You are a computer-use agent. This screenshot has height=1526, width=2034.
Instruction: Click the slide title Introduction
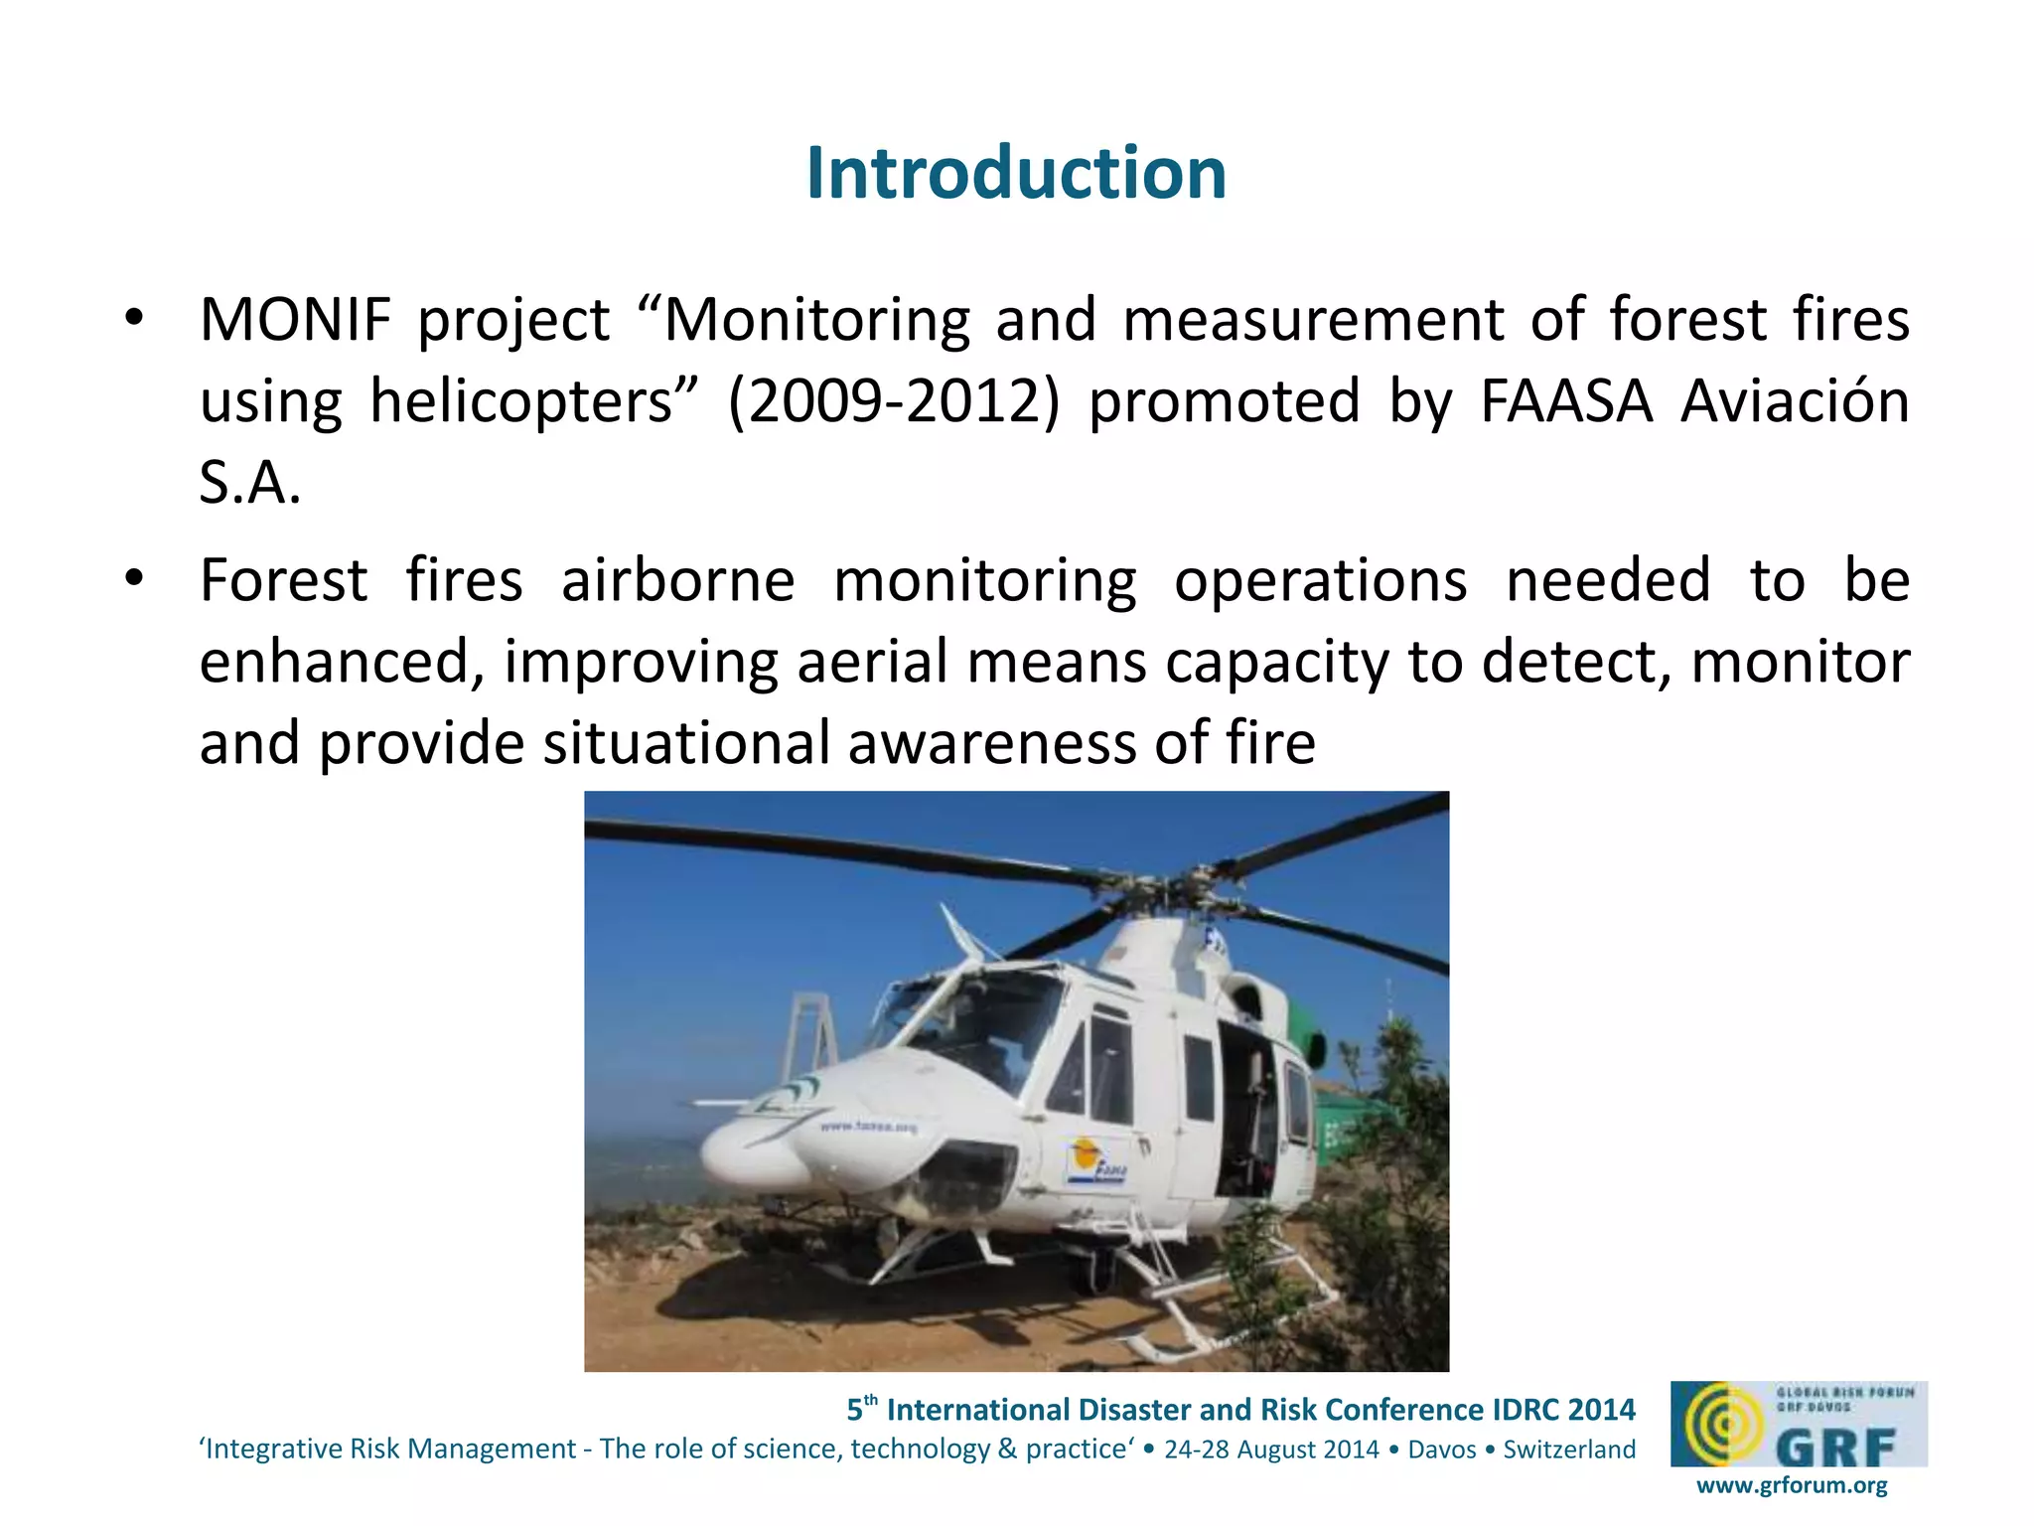(1016, 173)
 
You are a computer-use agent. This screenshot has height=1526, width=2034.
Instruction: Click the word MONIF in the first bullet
(296, 320)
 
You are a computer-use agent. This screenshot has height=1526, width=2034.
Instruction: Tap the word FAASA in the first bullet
(1566, 402)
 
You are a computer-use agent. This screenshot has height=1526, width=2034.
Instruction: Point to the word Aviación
(1795, 400)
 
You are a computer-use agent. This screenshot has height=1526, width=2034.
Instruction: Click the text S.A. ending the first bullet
(249, 484)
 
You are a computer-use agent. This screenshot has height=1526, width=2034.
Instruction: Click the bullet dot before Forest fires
(135, 578)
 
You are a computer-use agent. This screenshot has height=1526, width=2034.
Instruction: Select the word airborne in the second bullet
(677, 581)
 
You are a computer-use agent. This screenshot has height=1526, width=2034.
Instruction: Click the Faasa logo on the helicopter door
(1096, 1162)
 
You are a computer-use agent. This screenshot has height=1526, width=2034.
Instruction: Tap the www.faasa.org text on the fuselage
(868, 1127)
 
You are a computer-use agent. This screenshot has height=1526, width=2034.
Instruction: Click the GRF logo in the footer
(1798, 1424)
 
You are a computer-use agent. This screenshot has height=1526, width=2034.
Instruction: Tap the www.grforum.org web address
(1792, 1485)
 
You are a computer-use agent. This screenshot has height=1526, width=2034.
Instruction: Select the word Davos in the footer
(1442, 1450)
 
